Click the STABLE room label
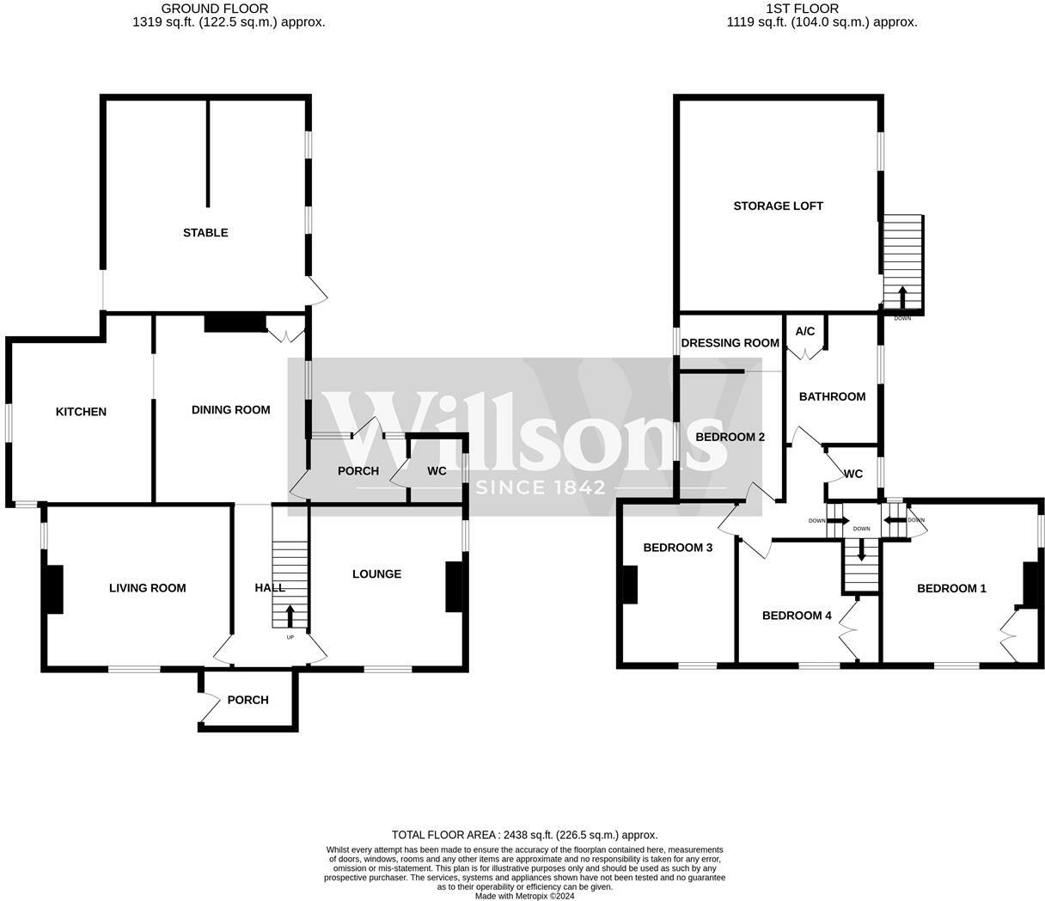click(205, 232)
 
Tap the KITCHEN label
click(81, 412)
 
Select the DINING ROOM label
click(230, 410)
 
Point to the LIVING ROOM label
click(148, 588)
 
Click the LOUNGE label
click(376, 573)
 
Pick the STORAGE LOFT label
click(778, 205)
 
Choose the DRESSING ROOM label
click(730, 343)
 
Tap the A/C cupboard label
click(805, 331)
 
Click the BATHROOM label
click(832, 396)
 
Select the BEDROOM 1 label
click(951, 588)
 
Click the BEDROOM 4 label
click(797, 616)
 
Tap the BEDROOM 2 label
click(730, 437)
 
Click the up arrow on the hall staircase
click(290, 616)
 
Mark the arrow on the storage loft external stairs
click(901, 296)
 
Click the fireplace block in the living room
click(54, 589)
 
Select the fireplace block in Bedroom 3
click(630, 585)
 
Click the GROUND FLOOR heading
click(204, 9)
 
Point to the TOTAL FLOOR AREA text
click(524, 835)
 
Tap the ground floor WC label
click(437, 471)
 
